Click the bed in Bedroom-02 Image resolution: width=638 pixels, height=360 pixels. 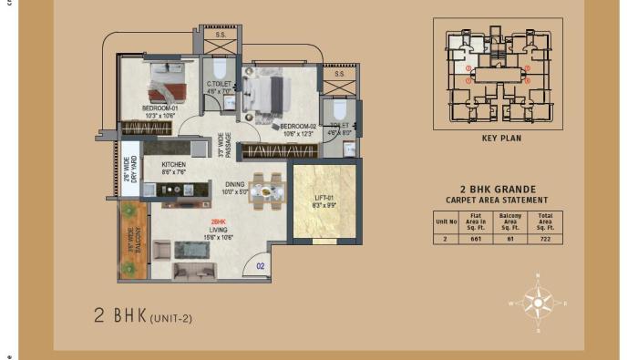click(266, 93)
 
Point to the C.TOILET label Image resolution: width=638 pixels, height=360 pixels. click(219, 86)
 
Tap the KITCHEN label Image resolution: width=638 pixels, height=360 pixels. click(173, 165)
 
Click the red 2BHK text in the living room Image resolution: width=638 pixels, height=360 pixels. click(219, 222)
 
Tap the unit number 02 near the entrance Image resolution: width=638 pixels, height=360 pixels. click(260, 265)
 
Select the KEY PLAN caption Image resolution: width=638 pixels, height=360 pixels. click(500, 139)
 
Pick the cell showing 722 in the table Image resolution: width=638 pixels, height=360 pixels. click(546, 238)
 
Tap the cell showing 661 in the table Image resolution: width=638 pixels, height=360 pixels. click(474, 238)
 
